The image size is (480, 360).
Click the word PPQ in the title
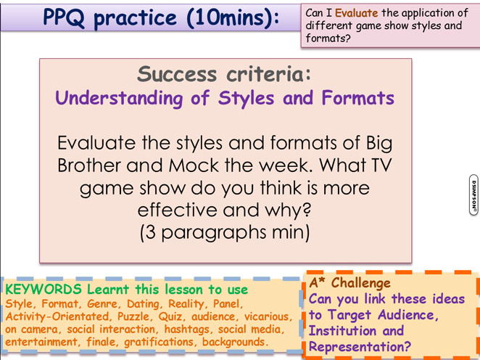click(64, 17)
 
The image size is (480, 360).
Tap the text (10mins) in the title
click(233, 17)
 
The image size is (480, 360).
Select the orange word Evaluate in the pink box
click(356, 13)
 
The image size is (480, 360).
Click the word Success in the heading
click(177, 74)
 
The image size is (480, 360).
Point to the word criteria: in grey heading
click(268, 74)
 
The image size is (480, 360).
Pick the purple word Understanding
click(119, 99)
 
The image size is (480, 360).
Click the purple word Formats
click(358, 98)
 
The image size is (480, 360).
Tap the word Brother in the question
click(88, 165)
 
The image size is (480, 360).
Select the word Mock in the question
click(194, 165)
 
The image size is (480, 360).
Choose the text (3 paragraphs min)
click(225, 233)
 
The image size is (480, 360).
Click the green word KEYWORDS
click(44, 289)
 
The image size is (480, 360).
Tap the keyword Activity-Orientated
click(57, 316)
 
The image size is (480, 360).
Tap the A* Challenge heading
click(350, 282)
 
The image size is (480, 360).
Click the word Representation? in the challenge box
click(360, 347)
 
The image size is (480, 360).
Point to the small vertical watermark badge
click(473, 195)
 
